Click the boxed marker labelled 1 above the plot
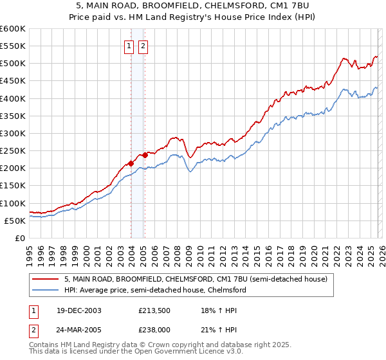129,46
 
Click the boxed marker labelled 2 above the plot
142,46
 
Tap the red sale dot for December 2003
131,163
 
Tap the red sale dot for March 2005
145,154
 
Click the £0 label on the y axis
19,238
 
